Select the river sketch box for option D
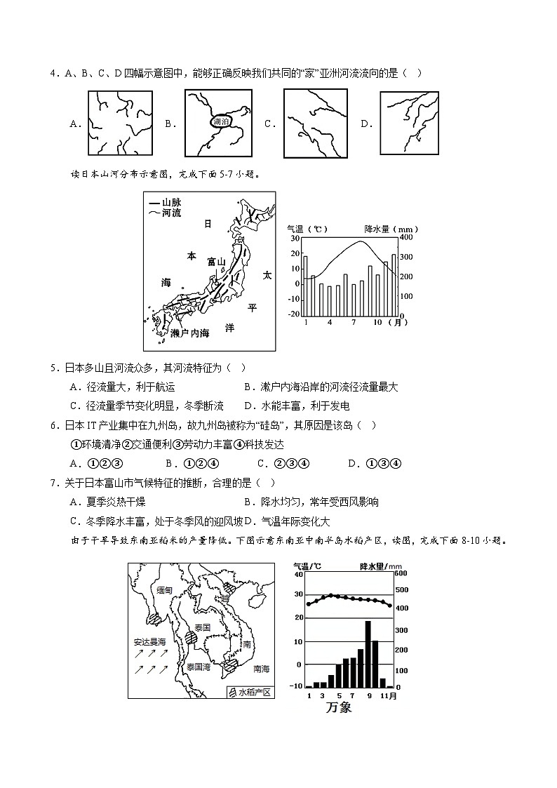(410, 123)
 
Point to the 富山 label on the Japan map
(216, 262)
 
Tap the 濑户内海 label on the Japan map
(190, 333)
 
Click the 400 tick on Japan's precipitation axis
(405, 239)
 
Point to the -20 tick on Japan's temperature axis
(293, 314)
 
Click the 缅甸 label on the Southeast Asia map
(165, 590)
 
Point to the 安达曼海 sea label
(150, 641)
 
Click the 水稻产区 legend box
(248, 692)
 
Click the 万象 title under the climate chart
(338, 707)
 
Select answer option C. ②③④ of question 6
(283, 463)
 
